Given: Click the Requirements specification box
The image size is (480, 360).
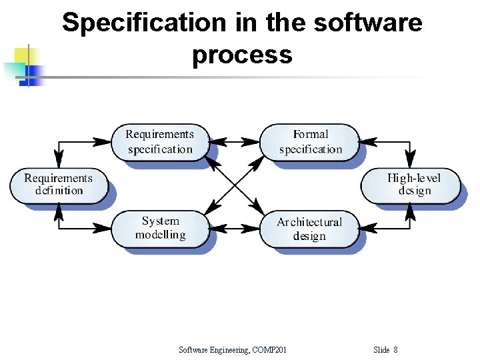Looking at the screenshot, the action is coord(159,142).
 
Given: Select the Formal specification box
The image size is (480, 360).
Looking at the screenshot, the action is coord(310,142).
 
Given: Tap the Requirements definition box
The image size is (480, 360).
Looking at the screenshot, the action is coord(59,185).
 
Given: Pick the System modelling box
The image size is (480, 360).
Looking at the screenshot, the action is coord(160,228).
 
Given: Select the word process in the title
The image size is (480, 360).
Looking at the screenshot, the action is coord(241,55).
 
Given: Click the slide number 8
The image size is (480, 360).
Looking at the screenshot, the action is coord(395,349).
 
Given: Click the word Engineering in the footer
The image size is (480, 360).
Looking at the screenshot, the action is coord(225,349).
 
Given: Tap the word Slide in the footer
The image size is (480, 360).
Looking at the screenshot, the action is coord(381,349).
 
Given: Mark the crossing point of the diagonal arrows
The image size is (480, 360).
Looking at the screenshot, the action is coord(235,185).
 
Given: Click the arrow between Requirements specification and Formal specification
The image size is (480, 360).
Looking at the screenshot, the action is coord(235,141).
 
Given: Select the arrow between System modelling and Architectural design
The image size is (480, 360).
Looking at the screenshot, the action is coord(235,229).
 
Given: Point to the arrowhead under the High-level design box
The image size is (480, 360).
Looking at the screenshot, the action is coord(411,211).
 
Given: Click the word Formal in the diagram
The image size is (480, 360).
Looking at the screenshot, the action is coord(311,135).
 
